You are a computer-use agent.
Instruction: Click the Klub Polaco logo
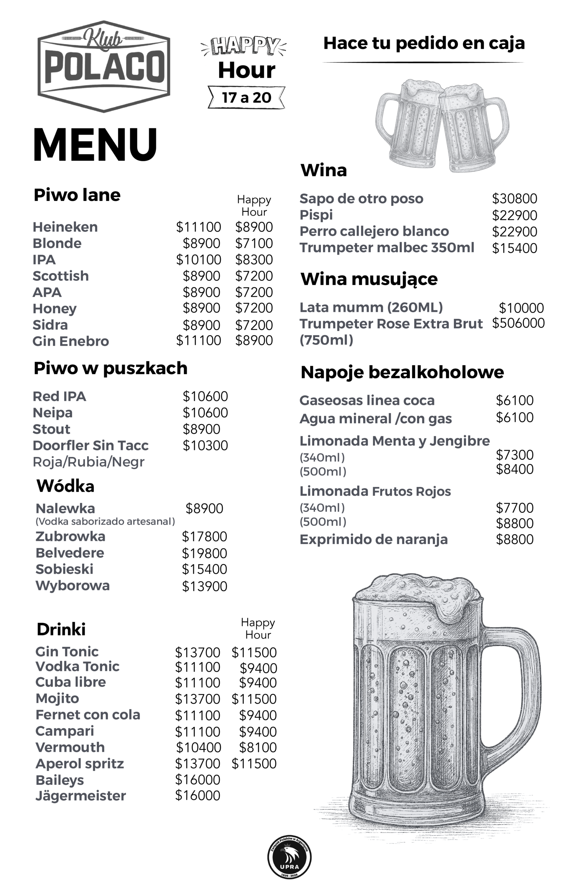(104, 66)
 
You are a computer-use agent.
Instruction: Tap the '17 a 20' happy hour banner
(246, 98)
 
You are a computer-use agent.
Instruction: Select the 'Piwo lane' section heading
(77, 195)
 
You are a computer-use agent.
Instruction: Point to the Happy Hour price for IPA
(254, 260)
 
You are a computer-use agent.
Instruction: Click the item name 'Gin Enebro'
(71, 341)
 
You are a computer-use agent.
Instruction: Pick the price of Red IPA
(205, 396)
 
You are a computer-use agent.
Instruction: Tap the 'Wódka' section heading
(65, 486)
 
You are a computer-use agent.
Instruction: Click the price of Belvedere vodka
(205, 553)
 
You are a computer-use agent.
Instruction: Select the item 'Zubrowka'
(70, 536)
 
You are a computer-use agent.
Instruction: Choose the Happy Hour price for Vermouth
(258, 747)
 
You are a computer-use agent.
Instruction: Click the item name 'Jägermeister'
(80, 796)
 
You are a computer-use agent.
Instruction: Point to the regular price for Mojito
(198, 699)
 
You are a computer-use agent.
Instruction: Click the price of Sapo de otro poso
(515, 199)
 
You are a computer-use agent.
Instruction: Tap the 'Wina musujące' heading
(369, 279)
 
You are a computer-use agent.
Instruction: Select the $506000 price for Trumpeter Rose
(519, 323)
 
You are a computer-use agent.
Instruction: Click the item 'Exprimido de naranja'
(374, 539)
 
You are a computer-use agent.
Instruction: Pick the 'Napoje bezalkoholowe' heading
(402, 372)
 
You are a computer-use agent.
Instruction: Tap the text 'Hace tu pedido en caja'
(424, 43)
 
